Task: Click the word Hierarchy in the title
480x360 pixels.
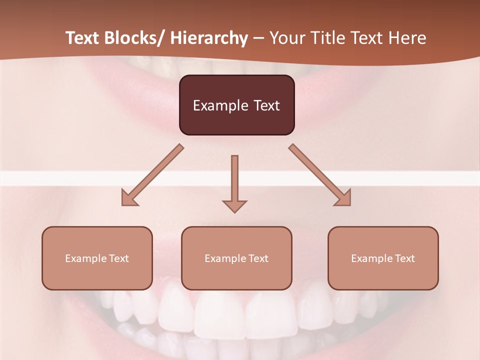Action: click(x=209, y=38)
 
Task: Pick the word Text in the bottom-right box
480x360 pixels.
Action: click(x=404, y=258)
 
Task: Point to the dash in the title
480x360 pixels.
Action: click(x=258, y=38)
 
